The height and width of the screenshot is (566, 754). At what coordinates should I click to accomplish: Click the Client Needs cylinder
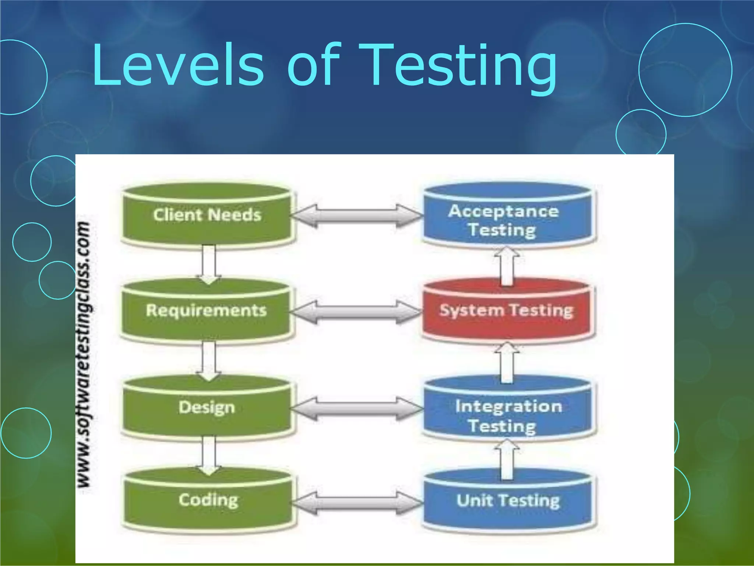207,215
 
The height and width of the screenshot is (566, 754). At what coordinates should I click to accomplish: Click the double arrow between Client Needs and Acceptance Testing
357,216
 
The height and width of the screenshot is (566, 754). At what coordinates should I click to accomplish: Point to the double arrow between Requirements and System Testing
356,312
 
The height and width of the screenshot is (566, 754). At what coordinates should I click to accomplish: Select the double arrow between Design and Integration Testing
357,408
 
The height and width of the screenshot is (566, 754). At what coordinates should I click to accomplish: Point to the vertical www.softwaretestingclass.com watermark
84,356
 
